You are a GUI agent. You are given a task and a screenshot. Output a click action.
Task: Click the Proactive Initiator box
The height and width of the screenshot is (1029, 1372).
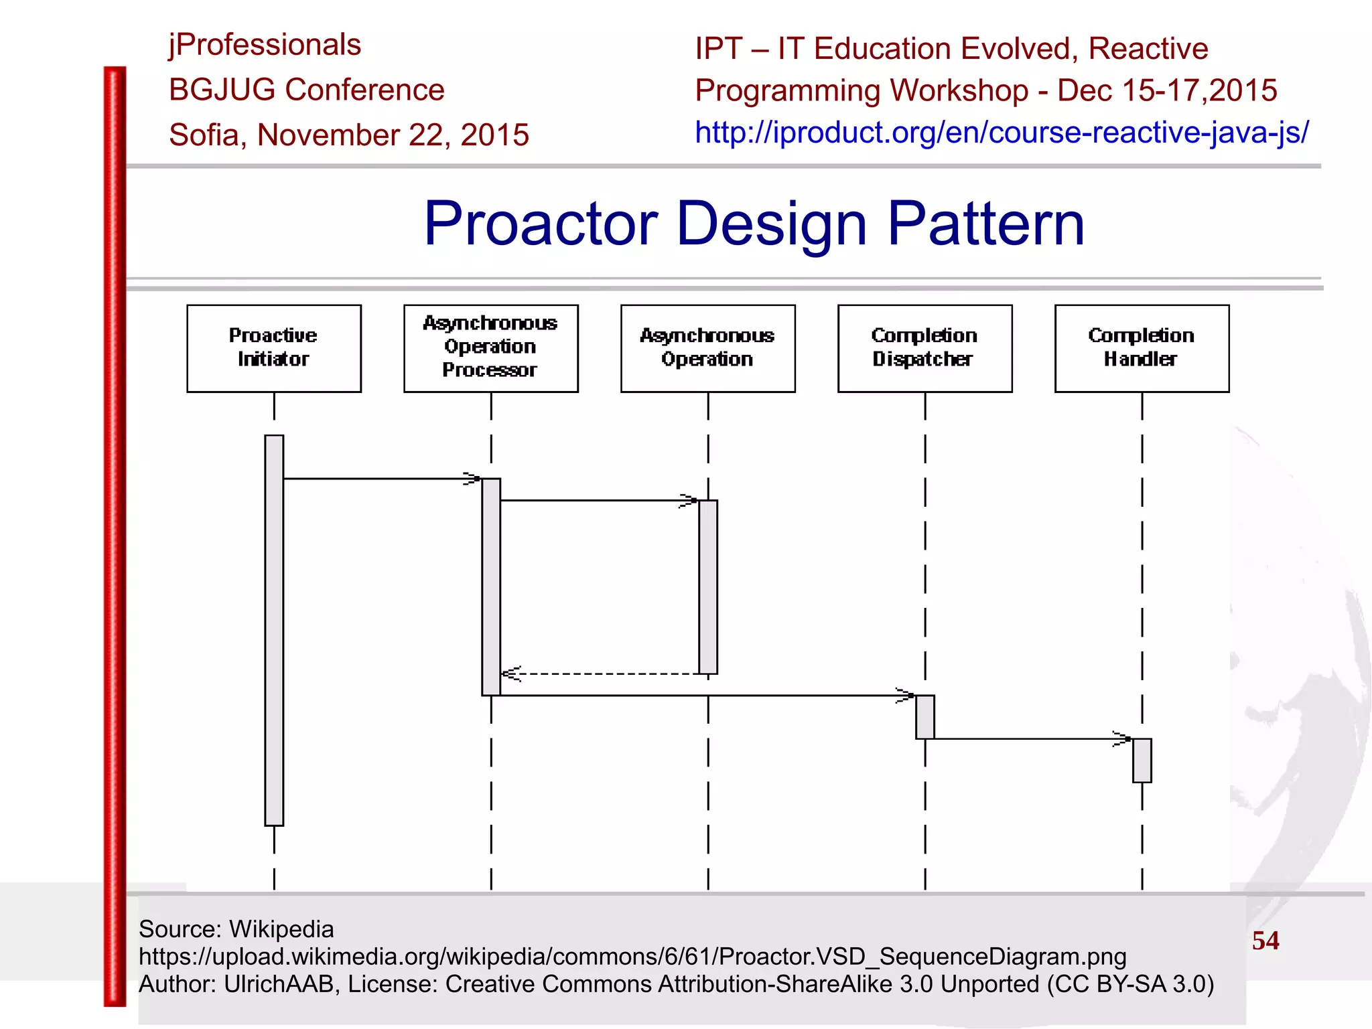pos(274,348)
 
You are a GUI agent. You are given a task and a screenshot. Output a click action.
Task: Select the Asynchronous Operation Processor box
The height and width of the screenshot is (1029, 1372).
pos(490,348)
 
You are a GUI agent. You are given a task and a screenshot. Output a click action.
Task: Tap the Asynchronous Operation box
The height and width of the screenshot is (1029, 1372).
pos(707,348)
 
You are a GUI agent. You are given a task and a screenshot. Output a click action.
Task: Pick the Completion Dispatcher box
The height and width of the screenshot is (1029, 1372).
pos(924,348)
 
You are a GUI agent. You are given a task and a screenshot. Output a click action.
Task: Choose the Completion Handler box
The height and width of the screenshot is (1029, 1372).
pos(1142,348)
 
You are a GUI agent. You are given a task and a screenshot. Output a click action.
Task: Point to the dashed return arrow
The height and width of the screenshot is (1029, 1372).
pos(603,674)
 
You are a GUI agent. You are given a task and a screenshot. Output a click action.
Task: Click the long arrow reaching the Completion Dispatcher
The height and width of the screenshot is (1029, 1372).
pos(703,696)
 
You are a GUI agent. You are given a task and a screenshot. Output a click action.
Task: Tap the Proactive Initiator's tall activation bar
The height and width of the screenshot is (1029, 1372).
pos(274,629)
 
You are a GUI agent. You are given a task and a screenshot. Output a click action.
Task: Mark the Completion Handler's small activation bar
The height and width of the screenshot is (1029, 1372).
pos(1142,761)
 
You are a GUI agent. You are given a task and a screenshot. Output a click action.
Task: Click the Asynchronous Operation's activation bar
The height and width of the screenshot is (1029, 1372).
pos(707,586)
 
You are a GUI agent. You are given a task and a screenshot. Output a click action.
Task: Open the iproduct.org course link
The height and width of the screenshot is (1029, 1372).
pos(1001,133)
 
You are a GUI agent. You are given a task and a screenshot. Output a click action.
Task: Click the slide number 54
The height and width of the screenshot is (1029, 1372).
pos(1265,941)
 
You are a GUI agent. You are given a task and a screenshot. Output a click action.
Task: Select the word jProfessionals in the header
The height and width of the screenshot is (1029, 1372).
pos(265,46)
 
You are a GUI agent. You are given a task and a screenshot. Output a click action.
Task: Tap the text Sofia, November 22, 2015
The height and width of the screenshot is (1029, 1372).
pos(348,135)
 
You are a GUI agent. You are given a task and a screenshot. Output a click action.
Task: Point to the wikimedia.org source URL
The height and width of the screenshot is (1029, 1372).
pos(632,957)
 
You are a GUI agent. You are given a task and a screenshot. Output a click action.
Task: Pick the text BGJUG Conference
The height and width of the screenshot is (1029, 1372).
pos(306,90)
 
